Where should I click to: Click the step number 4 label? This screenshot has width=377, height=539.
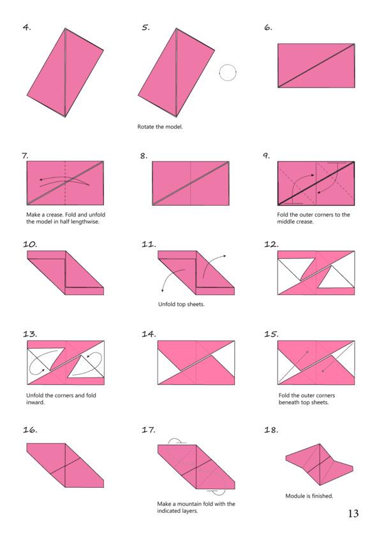point(27,27)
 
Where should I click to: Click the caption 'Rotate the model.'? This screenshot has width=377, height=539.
point(160,127)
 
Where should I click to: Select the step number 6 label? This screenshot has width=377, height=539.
point(268,27)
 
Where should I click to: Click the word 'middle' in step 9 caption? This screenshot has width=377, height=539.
point(285,222)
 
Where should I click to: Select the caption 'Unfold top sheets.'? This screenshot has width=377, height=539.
point(181,304)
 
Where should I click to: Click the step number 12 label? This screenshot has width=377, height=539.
point(270,245)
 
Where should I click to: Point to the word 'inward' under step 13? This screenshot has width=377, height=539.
point(35,402)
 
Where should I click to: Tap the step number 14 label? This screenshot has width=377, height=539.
point(149,334)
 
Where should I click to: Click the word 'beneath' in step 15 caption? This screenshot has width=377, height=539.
point(289,402)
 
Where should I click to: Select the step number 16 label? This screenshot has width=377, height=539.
point(30,430)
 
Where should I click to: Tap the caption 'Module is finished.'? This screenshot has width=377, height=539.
point(309,496)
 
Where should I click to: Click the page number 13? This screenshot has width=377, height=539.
point(353,513)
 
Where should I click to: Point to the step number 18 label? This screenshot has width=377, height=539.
point(271,430)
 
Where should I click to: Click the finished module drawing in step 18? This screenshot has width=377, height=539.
point(320,464)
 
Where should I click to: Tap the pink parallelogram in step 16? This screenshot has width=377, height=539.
point(65,466)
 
